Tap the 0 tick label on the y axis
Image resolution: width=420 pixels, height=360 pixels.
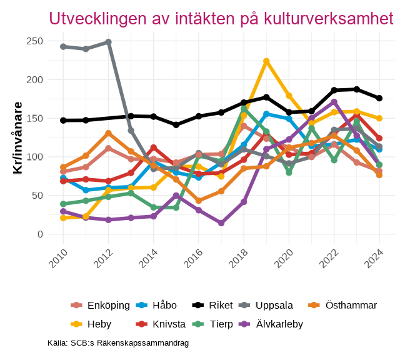[39, 234]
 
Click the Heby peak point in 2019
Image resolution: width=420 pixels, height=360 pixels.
[266, 61]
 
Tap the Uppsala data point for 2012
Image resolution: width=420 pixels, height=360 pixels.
[108, 42]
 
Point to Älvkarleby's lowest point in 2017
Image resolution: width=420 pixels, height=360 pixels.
[221, 223]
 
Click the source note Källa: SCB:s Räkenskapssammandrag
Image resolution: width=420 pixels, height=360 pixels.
[118, 343]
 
